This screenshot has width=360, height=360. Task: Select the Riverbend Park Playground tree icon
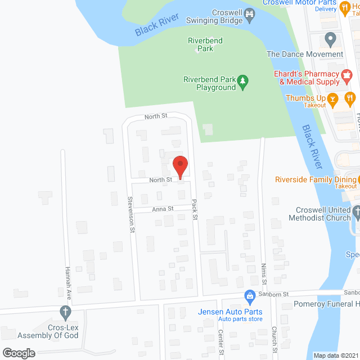point(243,83)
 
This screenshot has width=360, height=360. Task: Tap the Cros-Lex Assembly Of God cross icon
point(65,312)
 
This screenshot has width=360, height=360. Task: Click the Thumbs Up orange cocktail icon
point(333,102)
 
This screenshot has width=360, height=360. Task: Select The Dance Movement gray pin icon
point(330,39)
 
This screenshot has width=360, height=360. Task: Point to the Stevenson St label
point(130,214)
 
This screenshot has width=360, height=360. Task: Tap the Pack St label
point(195,209)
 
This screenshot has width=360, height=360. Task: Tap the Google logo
point(18,353)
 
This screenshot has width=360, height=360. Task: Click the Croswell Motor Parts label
point(299,3)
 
